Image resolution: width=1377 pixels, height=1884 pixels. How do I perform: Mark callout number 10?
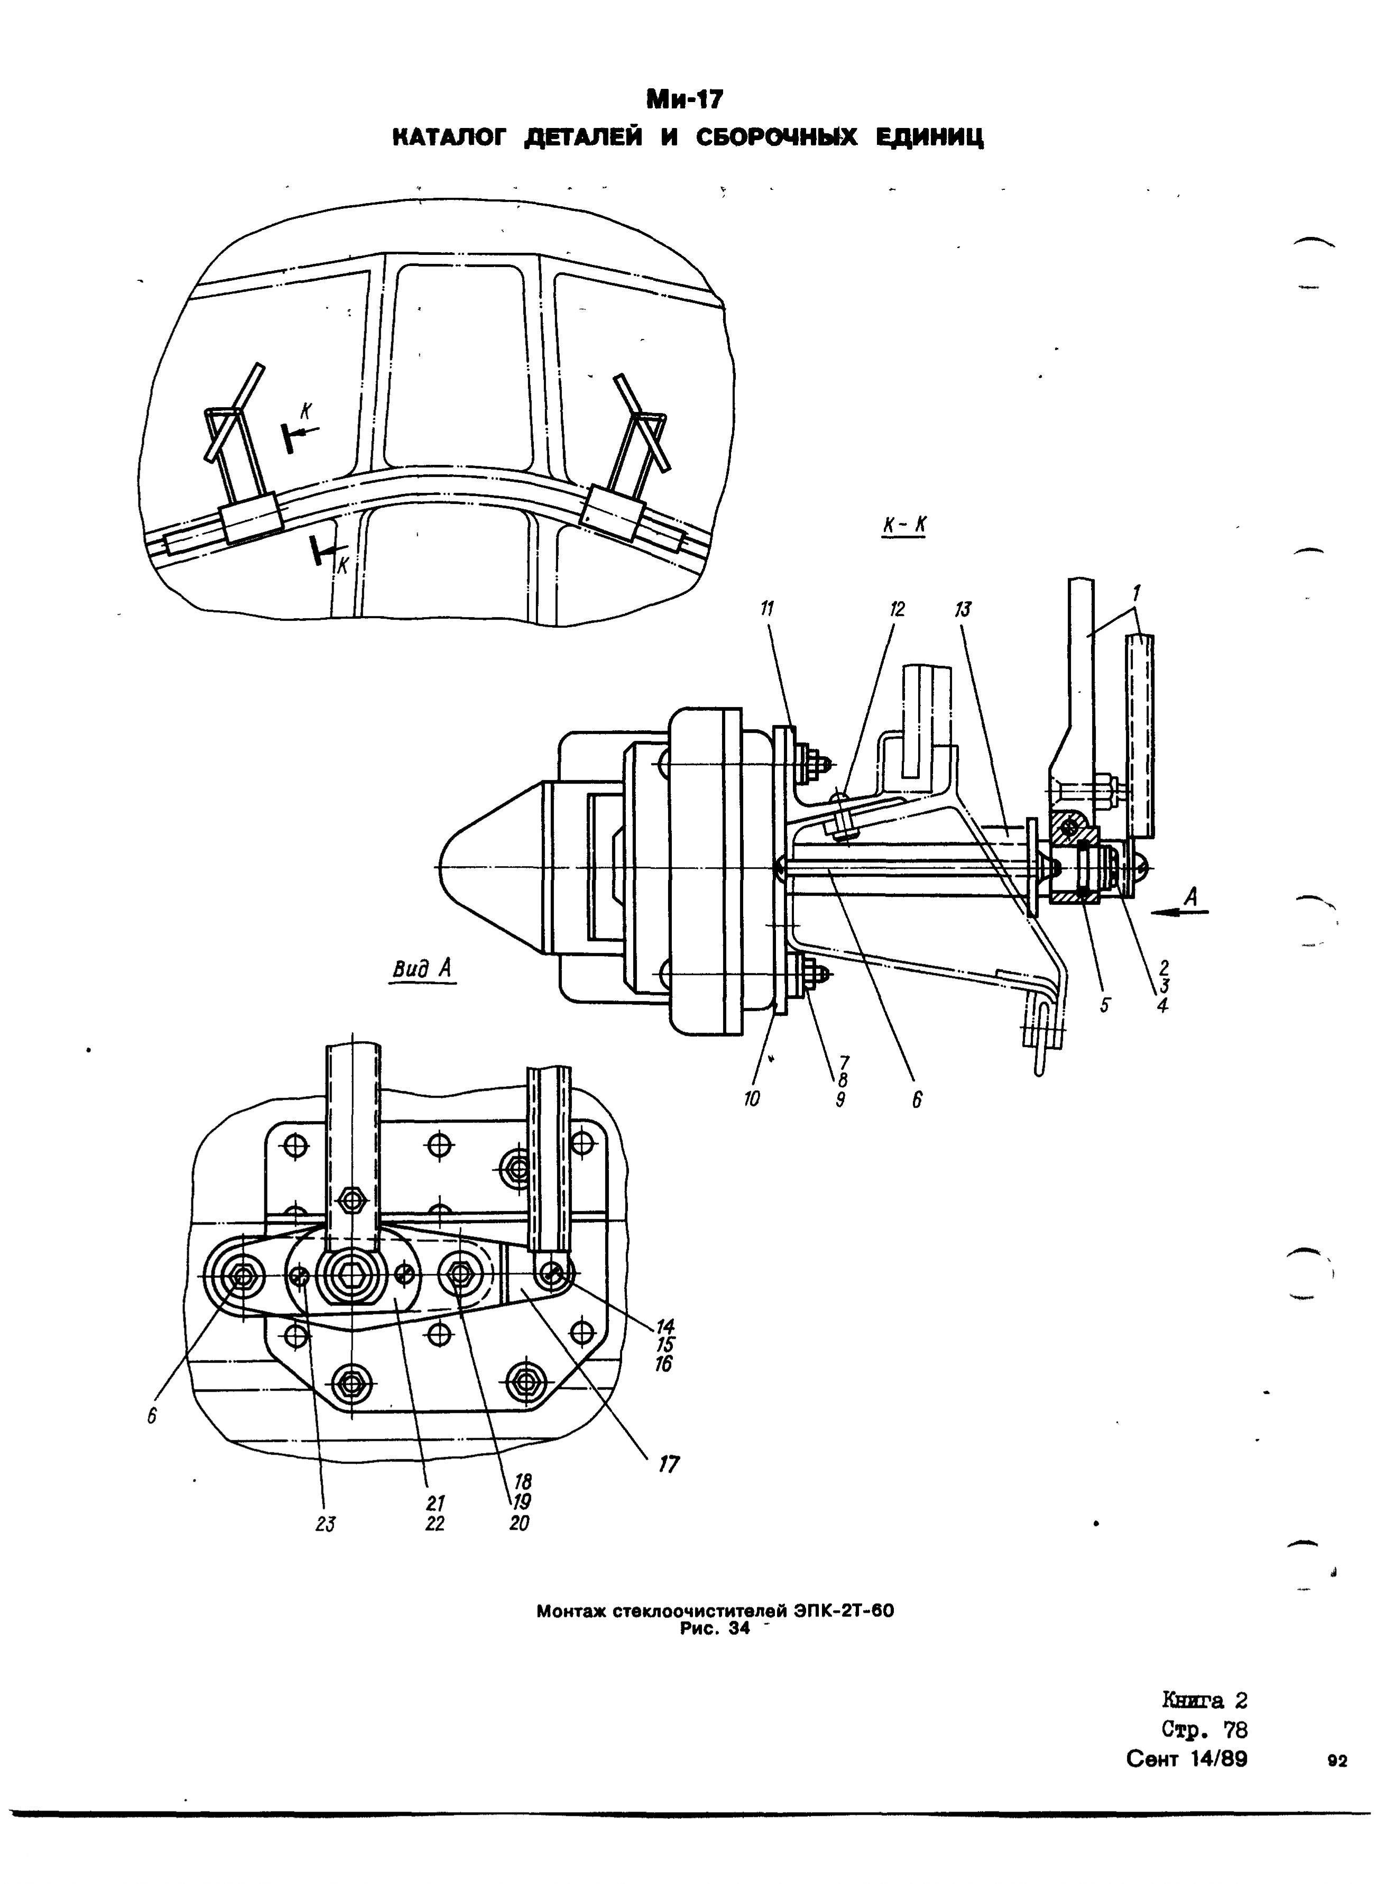752,1099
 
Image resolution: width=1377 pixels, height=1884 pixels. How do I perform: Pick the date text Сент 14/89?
1187,1759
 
